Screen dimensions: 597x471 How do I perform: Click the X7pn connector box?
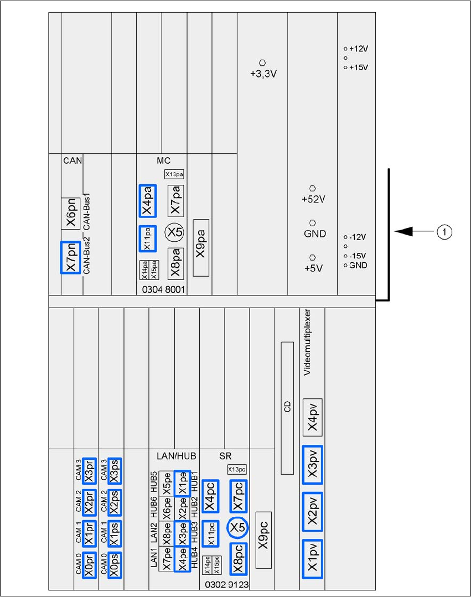point(71,257)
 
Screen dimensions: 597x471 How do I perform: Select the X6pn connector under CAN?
point(71,212)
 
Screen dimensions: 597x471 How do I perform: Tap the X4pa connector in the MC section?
point(148,201)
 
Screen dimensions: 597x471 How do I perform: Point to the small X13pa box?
point(174,174)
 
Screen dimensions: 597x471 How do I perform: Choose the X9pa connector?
point(201,248)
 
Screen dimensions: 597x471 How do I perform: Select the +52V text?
point(313,199)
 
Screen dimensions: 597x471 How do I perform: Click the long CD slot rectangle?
point(287,408)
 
